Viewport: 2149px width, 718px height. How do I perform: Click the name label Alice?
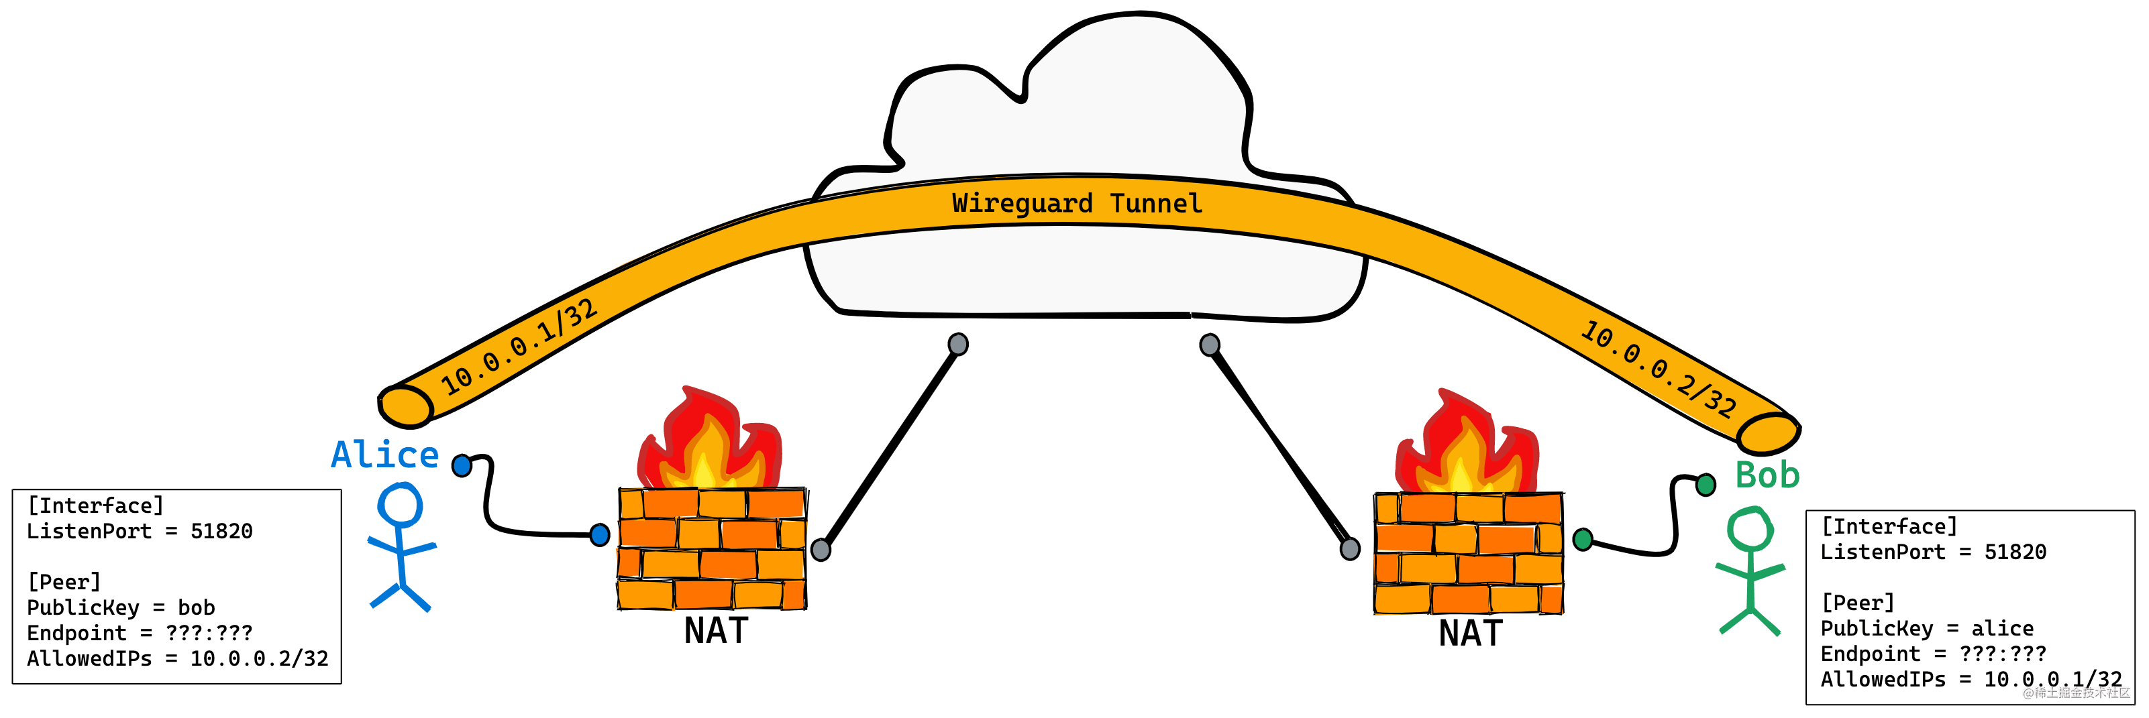pyautogui.click(x=384, y=455)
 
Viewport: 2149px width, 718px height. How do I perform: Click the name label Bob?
pyautogui.click(x=1767, y=475)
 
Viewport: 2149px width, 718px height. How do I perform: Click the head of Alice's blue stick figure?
pyautogui.click(x=401, y=505)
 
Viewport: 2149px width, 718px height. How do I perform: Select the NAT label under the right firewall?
pyautogui.click(x=1471, y=634)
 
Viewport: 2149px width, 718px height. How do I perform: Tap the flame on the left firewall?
pyautogui.click(x=709, y=442)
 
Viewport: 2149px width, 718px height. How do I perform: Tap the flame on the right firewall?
pyautogui.click(x=1467, y=446)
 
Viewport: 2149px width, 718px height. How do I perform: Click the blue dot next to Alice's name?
pyautogui.click(x=462, y=465)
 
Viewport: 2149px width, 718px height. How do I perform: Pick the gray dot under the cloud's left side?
pyautogui.click(x=957, y=343)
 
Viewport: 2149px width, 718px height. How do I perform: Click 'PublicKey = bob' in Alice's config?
pyautogui.click(x=121, y=608)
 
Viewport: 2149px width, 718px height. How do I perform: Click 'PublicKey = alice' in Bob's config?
pyautogui.click(x=1926, y=629)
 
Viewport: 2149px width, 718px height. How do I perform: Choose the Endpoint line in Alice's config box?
pyautogui.click(x=140, y=634)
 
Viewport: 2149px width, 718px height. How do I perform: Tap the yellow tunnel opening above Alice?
pyautogui.click(x=405, y=406)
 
